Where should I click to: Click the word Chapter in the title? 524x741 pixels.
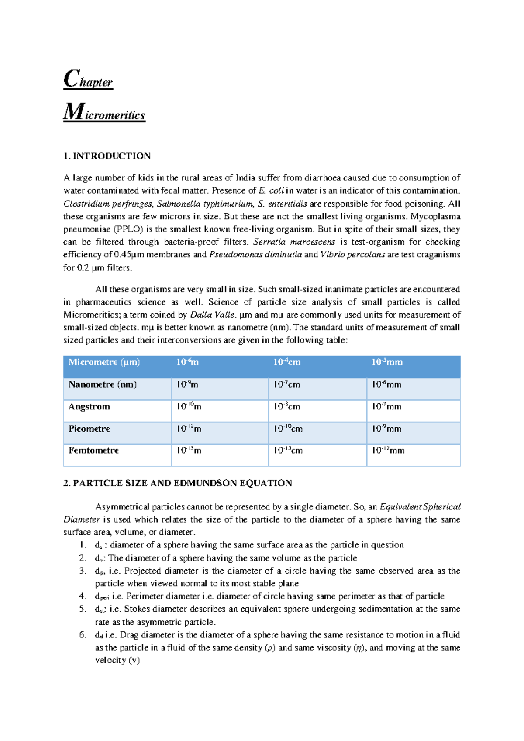pos(88,80)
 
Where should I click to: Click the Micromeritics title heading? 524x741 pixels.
pos(104,113)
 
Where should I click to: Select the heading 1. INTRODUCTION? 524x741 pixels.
pos(107,156)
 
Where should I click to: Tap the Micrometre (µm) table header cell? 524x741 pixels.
pos(104,362)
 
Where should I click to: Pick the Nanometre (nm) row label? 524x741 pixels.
pos(103,384)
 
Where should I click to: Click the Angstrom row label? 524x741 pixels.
pos(89,407)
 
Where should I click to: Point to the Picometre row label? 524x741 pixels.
pos(89,429)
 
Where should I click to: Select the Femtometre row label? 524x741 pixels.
pos(93,450)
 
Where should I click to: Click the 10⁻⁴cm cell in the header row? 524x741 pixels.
pos(287,362)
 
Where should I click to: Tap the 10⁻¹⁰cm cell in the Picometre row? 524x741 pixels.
pos(288,429)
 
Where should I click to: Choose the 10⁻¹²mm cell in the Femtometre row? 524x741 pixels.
pos(388,450)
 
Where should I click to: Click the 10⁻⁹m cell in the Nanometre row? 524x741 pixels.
pos(187,384)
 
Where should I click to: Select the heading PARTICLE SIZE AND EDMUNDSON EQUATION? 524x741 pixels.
pos(183,483)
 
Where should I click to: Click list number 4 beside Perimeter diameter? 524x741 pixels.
pos(83,596)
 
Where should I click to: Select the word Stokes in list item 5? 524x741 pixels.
pos(137,609)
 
